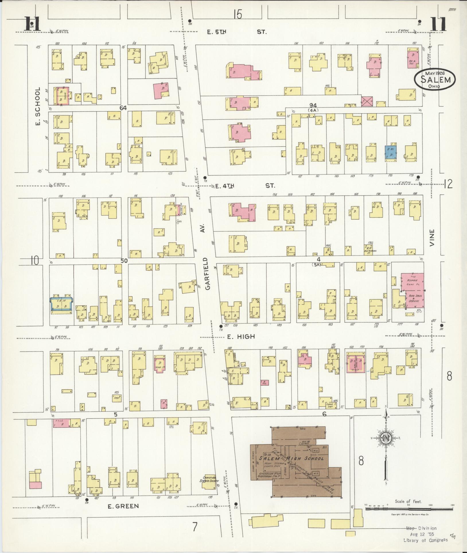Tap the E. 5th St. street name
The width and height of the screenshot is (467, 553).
point(237,32)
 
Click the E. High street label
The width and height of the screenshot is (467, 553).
point(241,337)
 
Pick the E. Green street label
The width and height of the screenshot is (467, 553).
point(123,506)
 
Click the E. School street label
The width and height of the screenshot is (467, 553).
point(38,103)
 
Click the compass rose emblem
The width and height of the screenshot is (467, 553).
point(386,438)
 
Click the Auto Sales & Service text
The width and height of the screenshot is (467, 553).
point(414,299)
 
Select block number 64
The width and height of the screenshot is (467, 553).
point(123,108)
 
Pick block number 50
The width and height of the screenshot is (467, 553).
point(124,261)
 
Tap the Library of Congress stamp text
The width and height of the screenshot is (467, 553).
point(425,540)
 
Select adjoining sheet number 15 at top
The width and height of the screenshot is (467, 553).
point(238,14)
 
